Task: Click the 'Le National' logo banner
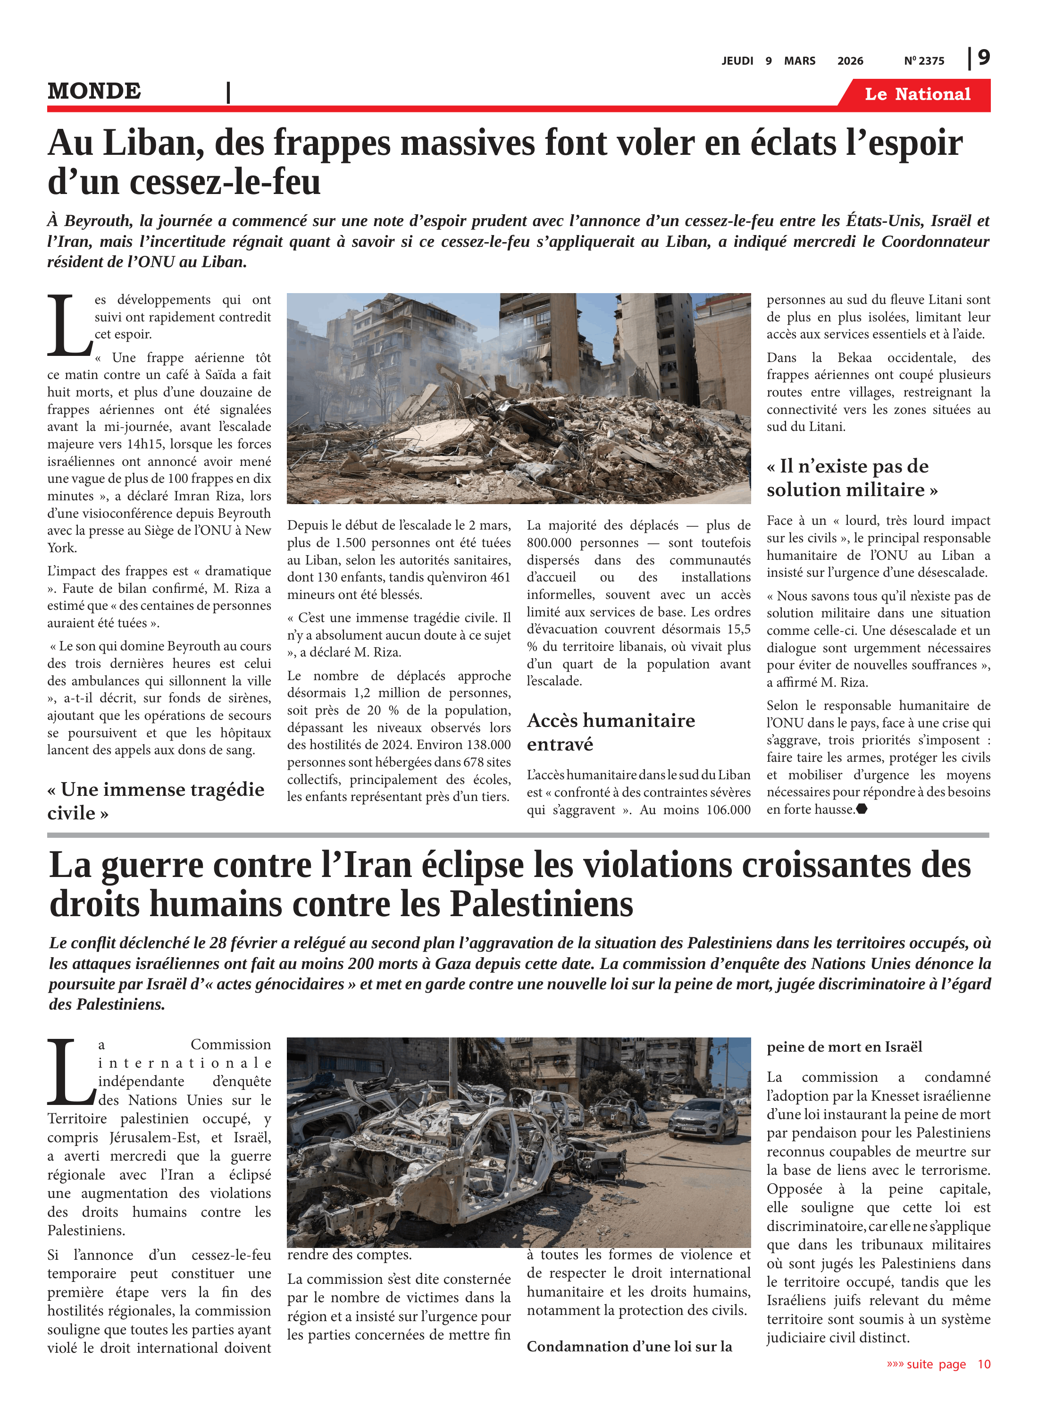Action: pyautogui.click(x=917, y=94)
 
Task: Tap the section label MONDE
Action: pyautogui.click(x=94, y=92)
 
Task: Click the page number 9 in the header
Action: pyautogui.click(x=983, y=58)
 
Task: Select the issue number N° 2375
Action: pyautogui.click(x=924, y=61)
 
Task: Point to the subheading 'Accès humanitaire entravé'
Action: pyautogui.click(x=611, y=732)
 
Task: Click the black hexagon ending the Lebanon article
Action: pyautogui.click(x=862, y=809)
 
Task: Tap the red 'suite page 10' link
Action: pyautogui.click(x=938, y=1365)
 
